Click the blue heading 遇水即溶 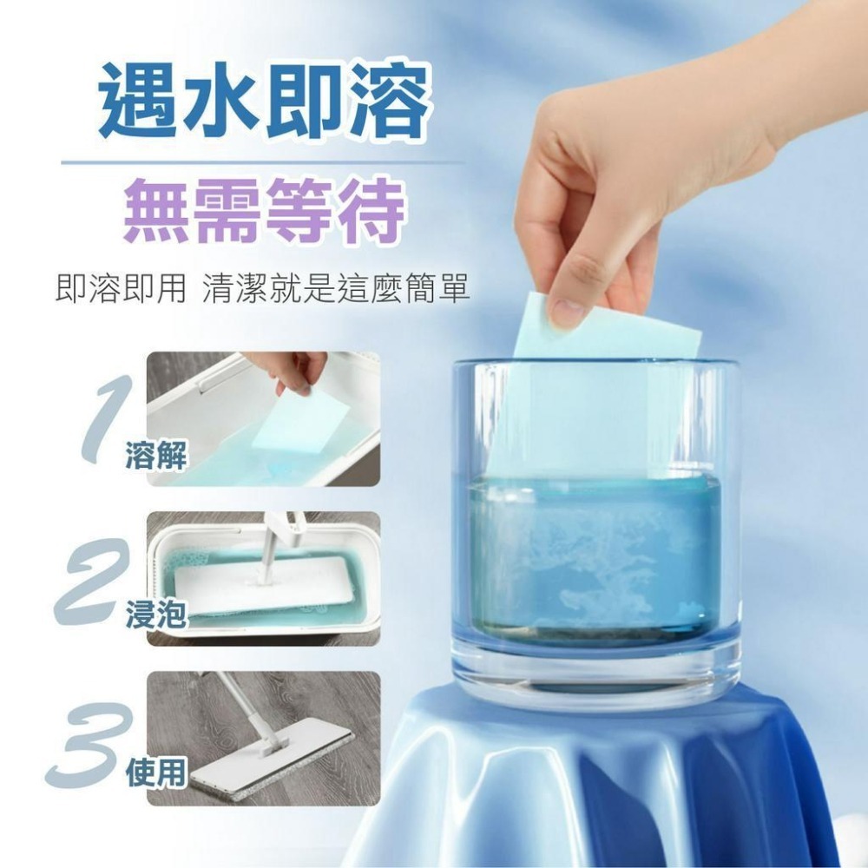(x=264, y=101)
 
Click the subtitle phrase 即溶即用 (x=121, y=288)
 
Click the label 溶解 (x=156, y=457)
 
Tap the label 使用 (x=156, y=773)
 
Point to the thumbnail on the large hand (x=568, y=311)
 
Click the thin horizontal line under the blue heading (x=262, y=162)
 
